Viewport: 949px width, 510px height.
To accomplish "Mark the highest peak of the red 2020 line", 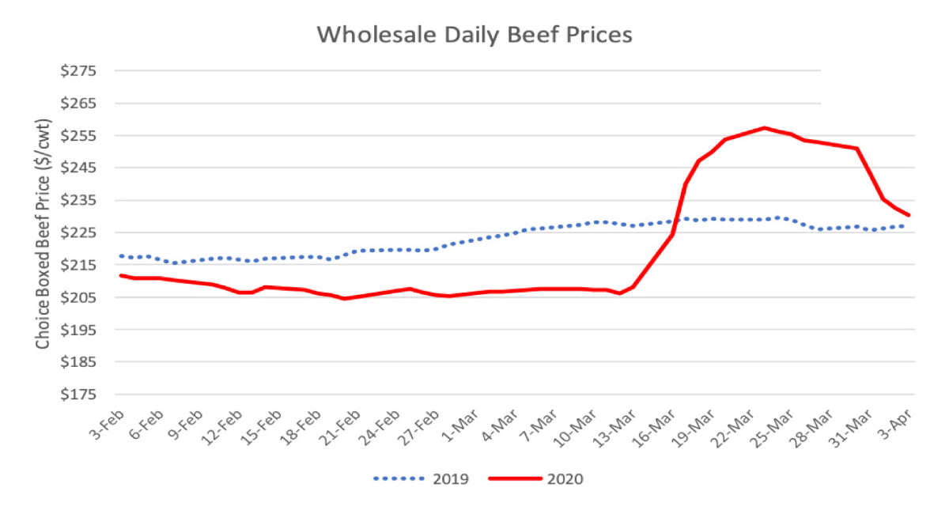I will (x=764, y=127).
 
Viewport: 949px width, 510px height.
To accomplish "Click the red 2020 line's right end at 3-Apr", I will (x=909, y=215).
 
